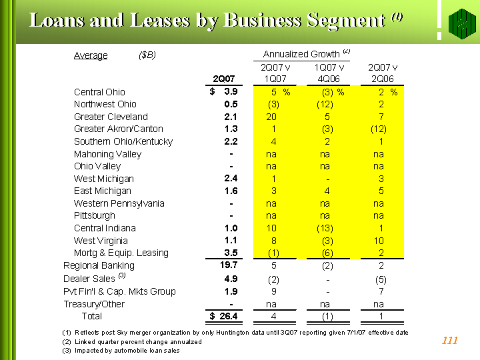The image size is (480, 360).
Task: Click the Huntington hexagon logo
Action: [462, 23]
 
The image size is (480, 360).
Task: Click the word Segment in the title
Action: [346, 21]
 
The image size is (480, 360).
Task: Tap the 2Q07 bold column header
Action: [224, 79]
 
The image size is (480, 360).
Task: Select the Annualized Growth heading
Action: [301, 54]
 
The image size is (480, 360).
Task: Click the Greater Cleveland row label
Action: [111, 117]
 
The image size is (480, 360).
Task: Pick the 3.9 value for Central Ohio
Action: [231, 91]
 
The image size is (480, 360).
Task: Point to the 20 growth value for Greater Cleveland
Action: [271, 117]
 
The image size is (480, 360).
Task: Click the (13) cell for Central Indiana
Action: [325, 229]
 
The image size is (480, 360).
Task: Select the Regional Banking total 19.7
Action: [229, 265]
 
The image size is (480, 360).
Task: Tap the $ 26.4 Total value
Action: [223, 316]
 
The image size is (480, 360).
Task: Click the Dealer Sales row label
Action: [89, 279]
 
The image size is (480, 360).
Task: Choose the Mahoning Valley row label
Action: [108, 154]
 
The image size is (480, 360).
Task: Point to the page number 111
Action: [450, 340]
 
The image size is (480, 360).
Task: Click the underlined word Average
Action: [91, 55]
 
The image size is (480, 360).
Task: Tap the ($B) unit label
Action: [147, 55]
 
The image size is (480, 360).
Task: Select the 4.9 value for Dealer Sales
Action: [231, 279]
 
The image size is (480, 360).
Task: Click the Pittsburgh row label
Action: [95, 216]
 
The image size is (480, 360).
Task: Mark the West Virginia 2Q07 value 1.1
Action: [231, 241]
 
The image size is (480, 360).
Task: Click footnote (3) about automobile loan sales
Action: [121, 351]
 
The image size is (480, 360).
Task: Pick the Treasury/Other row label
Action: [94, 304]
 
